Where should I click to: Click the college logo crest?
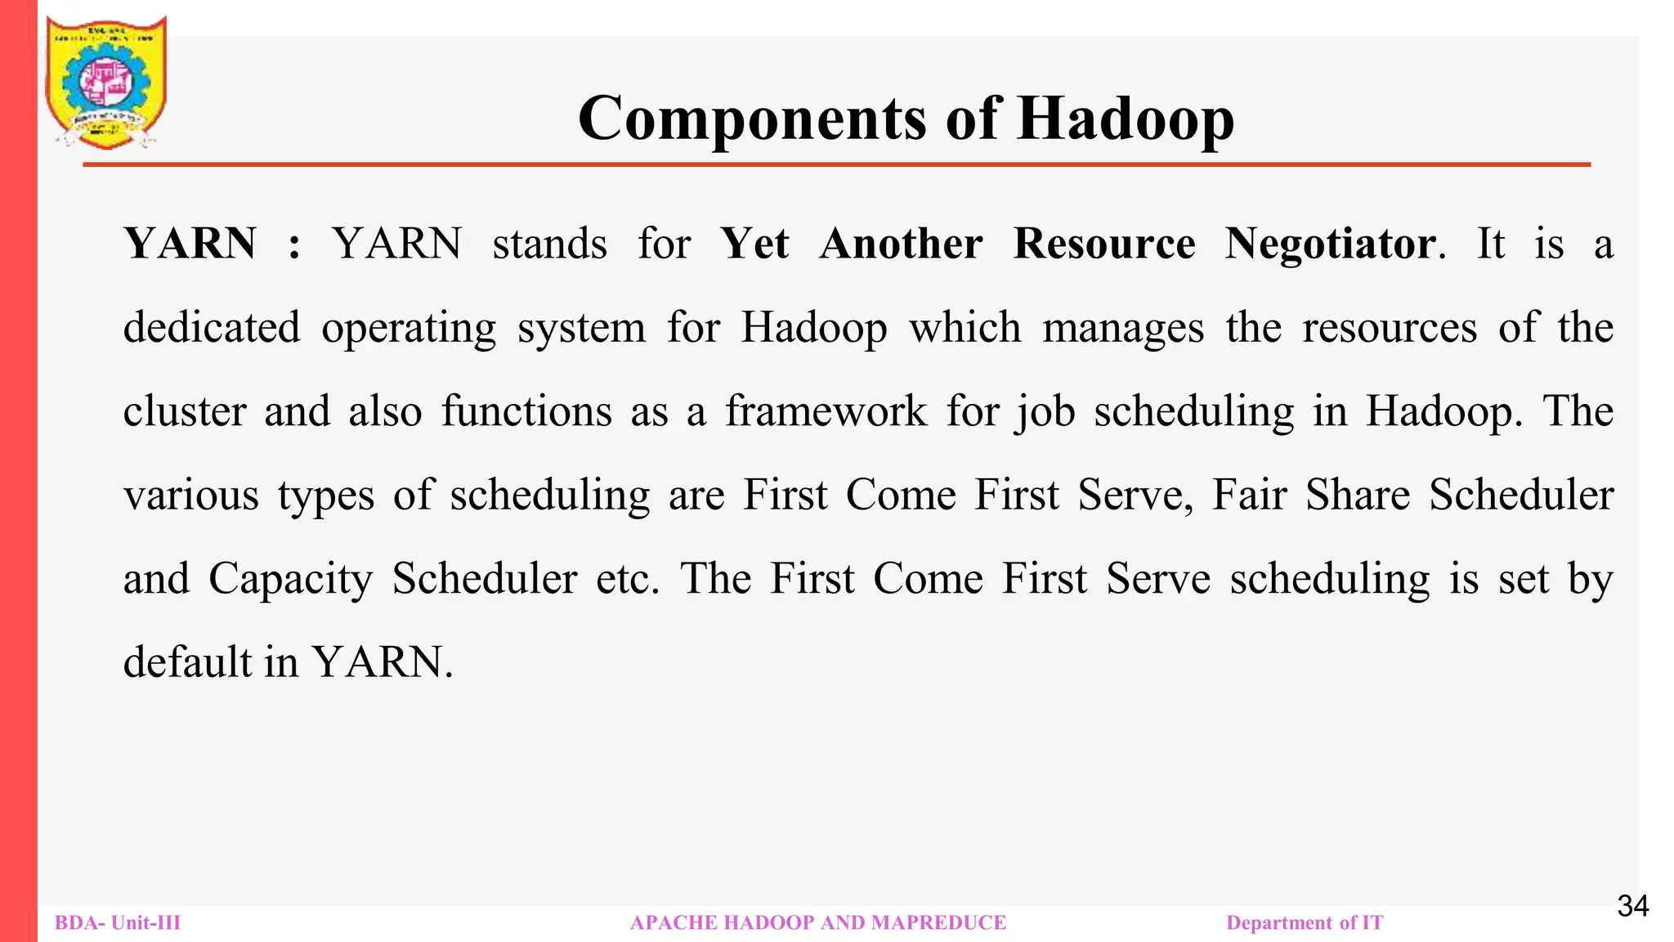click(106, 83)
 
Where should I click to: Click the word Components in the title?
click(752, 119)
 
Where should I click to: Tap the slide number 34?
click(1632, 906)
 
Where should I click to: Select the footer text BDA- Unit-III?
click(118, 923)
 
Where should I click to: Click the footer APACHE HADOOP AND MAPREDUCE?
click(818, 923)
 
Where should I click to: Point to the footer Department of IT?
click(1305, 923)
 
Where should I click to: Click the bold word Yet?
click(754, 244)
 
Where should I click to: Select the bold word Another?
click(901, 244)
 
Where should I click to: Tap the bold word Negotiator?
click(1331, 244)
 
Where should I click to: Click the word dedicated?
click(212, 328)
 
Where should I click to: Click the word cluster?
click(185, 411)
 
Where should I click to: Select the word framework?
click(826, 411)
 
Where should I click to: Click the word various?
click(191, 496)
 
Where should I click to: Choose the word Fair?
click(1249, 496)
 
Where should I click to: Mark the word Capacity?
click(290, 580)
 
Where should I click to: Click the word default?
click(188, 662)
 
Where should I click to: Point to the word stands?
click(549, 244)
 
